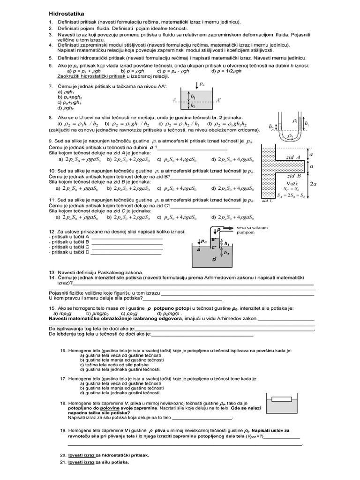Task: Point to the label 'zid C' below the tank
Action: click(268, 201)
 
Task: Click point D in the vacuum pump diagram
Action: click(214, 259)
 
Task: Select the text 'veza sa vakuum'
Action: click(253, 227)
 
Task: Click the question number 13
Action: click(52, 272)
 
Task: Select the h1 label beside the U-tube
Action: click(307, 124)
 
